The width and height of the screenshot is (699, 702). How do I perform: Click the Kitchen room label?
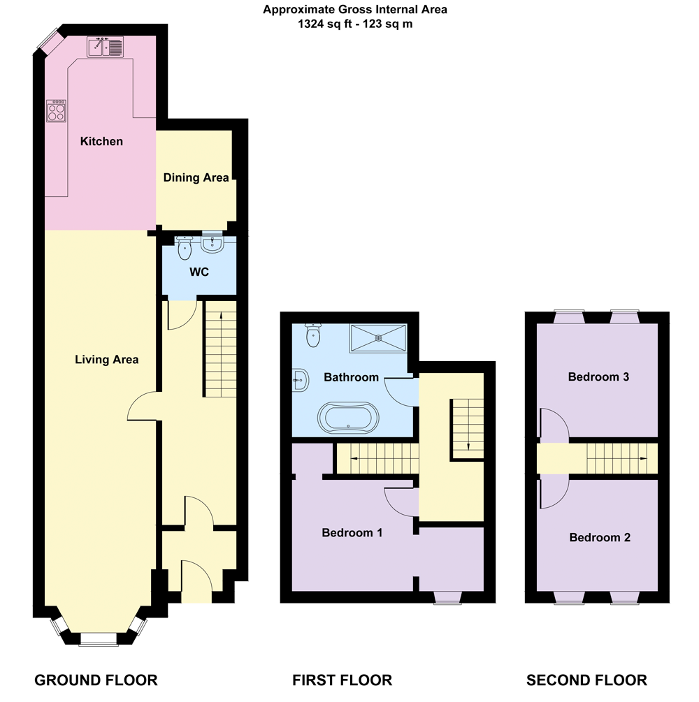(x=101, y=142)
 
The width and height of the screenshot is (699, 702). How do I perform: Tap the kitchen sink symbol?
(x=104, y=47)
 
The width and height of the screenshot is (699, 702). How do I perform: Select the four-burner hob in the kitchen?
(x=57, y=111)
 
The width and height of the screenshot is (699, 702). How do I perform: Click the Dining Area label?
(x=196, y=178)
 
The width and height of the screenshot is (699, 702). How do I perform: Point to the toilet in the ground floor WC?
(x=185, y=248)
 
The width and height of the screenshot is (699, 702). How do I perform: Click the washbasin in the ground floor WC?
(x=212, y=244)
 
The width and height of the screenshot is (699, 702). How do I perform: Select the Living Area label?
(x=107, y=360)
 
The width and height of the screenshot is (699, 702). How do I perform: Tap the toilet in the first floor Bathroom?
(x=313, y=336)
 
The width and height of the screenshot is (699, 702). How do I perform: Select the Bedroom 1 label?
(x=352, y=533)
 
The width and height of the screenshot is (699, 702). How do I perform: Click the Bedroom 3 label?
(x=598, y=377)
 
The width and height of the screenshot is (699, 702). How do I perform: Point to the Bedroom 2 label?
(x=600, y=538)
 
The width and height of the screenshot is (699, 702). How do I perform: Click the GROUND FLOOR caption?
(x=96, y=680)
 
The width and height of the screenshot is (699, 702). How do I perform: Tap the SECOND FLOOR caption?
(x=586, y=680)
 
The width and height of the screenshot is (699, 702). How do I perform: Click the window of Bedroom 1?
(x=447, y=597)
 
